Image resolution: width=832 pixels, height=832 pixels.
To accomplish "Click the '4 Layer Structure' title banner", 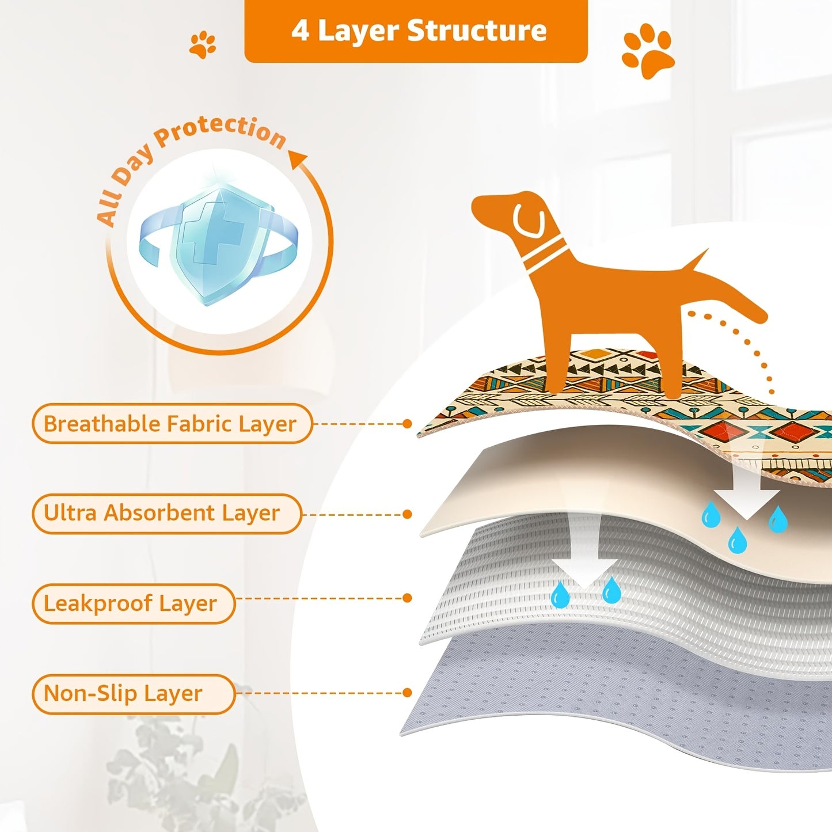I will (x=416, y=31).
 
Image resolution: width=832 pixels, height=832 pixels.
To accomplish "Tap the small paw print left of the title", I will (x=203, y=44).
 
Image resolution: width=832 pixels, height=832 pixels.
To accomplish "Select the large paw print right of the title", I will (x=648, y=51).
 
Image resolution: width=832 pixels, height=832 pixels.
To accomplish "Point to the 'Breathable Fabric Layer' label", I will (x=172, y=424).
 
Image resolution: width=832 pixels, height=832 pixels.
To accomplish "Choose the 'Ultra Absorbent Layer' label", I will (x=166, y=513).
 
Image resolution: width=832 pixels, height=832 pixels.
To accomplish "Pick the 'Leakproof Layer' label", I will (x=133, y=603).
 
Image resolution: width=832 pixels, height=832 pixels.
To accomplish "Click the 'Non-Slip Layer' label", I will (x=133, y=694).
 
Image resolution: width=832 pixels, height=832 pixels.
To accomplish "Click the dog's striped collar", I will (x=545, y=256).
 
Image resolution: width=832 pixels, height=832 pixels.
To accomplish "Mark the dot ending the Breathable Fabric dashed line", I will (x=407, y=424).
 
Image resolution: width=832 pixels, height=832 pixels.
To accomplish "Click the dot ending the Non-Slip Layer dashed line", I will (x=407, y=693).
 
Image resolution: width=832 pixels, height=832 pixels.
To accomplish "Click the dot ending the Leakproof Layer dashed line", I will (x=407, y=598).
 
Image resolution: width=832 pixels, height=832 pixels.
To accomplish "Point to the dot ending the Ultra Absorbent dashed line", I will (x=407, y=514).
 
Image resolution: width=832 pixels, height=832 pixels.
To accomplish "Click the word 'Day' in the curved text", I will (x=134, y=167).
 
